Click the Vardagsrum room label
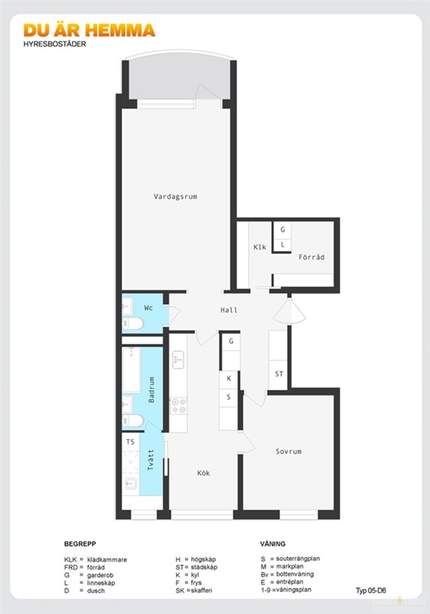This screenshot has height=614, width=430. (175, 196)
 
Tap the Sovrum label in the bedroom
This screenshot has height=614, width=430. (289, 451)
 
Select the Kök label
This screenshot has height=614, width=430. (203, 473)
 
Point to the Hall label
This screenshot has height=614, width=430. (229, 310)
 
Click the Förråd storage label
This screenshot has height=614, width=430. (311, 257)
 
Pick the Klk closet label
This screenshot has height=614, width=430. (260, 247)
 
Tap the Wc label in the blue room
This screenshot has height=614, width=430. (148, 308)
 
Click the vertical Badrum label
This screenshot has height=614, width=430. (151, 390)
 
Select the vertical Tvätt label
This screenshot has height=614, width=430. (150, 460)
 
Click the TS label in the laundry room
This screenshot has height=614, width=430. (131, 442)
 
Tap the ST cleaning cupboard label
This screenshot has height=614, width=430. (279, 374)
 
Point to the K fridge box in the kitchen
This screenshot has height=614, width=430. (229, 379)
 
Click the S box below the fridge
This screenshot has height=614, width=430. (229, 398)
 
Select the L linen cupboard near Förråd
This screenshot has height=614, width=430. (283, 245)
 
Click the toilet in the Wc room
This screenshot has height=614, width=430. (133, 324)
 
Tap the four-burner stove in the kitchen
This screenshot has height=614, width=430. (178, 406)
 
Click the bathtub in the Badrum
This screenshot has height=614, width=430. (131, 370)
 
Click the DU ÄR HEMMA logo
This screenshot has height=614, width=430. (89, 30)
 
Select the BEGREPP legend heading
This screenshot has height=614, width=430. (80, 544)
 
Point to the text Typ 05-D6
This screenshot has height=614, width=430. (371, 590)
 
